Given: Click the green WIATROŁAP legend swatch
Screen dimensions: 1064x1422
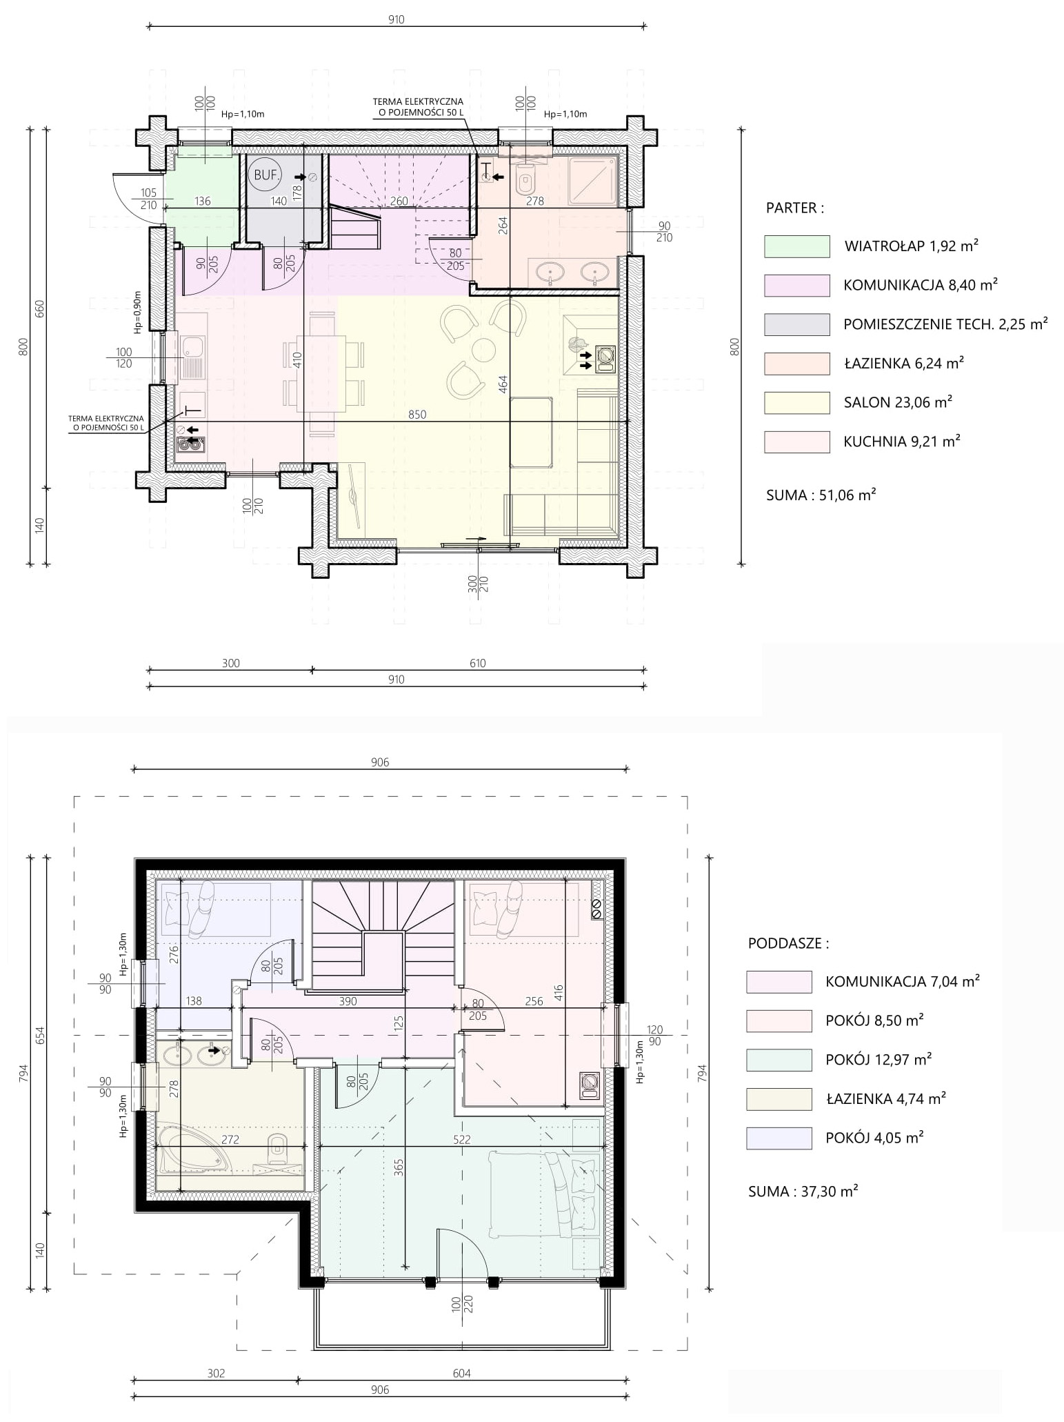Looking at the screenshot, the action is (x=796, y=246).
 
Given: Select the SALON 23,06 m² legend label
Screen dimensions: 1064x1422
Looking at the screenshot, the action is (x=898, y=402).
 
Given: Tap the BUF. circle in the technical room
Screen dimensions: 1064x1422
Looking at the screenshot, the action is (x=266, y=175).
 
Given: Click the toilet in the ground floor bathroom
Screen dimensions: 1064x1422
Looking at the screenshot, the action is (x=526, y=179).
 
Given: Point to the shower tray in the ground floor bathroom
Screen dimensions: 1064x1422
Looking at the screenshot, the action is (x=592, y=181).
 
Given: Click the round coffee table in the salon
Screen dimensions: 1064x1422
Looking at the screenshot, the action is (x=484, y=349).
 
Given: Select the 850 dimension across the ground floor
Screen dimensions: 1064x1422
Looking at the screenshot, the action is (x=417, y=415).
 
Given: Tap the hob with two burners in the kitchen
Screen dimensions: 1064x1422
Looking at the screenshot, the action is (x=190, y=445).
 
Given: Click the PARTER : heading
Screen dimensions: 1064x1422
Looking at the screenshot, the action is (x=794, y=208).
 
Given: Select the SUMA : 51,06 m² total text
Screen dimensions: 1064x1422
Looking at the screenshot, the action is (x=821, y=495).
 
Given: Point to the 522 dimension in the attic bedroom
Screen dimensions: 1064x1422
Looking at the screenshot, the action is (x=462, y=1140).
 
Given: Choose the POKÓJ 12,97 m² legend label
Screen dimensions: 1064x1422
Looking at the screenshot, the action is (x=879, y=1059).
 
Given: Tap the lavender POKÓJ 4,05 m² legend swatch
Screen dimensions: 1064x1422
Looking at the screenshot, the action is (x=779, y=1138).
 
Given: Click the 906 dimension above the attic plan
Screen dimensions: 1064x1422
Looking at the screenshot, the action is (x=380, y=762).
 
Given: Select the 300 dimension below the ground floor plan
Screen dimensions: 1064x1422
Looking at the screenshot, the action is (x=231, y=663).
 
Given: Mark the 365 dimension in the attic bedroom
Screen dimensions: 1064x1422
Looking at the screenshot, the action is (x=399, y=1166).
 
